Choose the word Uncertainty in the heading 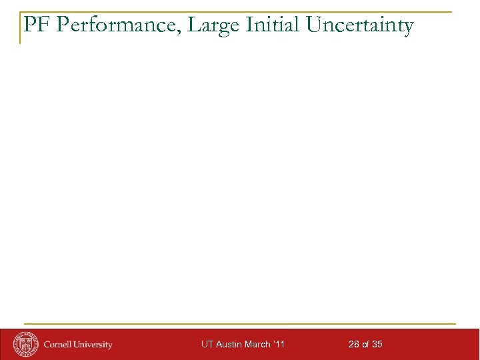(x=360, y=26)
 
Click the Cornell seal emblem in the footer (x=27, y=343)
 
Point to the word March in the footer (x=257, y=345)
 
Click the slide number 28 (x=354, y=345)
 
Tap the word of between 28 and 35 (x=366, y=345)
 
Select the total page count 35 (x=377, y=345)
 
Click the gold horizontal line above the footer (x=240, y=324)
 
